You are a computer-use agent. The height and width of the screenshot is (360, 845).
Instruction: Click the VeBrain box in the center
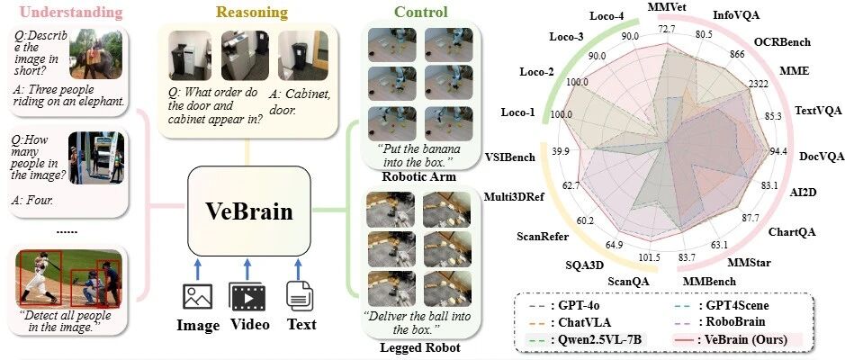[x=249, y=211]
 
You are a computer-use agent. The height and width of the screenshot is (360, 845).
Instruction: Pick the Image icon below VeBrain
[x=197, y=296]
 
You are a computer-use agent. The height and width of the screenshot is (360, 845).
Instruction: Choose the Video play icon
[x=247, y=296]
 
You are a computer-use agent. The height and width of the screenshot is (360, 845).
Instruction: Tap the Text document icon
[x=299, y=296]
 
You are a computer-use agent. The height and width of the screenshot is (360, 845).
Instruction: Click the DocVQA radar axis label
[x=821, y=157]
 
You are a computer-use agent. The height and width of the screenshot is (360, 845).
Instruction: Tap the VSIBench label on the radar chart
[x=510, y=157]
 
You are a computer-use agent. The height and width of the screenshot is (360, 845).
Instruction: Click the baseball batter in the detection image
[x=42, y=276]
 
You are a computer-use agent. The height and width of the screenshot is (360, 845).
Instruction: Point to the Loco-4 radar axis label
[x=607, y=15]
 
